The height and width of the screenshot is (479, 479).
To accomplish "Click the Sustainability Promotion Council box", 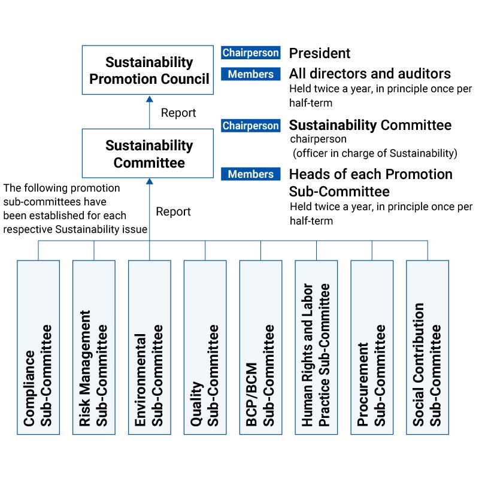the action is [148, 70].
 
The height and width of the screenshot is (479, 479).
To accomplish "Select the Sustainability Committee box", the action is [148, 153].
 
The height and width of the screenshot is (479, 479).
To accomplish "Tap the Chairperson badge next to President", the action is [251, 53].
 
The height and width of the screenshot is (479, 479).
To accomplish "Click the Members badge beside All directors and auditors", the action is [251, 74].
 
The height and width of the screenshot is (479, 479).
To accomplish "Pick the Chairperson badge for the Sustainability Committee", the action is [251, 126].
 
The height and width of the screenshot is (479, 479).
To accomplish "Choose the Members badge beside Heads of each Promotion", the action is [251, 174].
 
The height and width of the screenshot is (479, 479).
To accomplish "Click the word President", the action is [320, 53].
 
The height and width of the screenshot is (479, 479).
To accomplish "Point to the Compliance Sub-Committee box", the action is [38, 347].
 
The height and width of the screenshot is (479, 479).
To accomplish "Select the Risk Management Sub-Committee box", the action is [94, 347].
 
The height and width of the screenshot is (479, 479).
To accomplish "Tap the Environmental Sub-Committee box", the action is [150, 347].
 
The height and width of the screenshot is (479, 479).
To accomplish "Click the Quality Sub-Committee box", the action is [205, 347].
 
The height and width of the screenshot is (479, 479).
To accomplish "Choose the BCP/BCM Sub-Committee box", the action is [261, 347].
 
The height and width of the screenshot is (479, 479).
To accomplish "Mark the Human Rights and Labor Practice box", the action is [317, 347].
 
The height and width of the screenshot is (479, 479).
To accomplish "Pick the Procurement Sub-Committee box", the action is [372, 347].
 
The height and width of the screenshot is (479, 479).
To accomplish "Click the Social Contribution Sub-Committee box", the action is [428, 347].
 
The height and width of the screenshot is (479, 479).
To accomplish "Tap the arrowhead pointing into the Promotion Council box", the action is [149, 99].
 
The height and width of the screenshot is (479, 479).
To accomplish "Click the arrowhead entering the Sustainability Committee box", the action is [149, 181].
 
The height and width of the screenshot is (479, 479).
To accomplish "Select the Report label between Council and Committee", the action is [178, 113].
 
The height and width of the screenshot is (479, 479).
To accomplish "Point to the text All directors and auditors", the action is [370, 74].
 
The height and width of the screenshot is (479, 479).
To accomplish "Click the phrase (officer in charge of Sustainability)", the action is [375, 153].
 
